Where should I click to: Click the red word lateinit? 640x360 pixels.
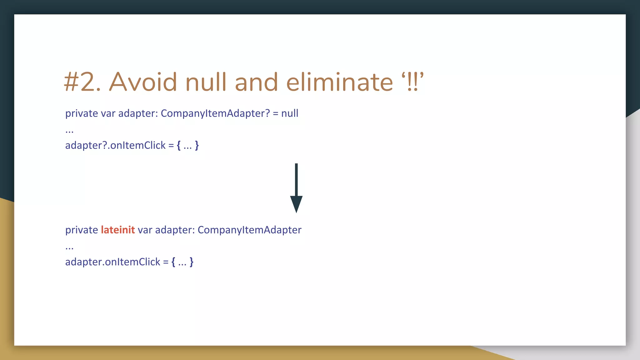click(118, 230)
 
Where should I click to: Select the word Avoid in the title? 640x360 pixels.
click(143, 82)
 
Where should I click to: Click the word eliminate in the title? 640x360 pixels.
click(340, 82)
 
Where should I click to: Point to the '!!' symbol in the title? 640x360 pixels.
click(412, 82)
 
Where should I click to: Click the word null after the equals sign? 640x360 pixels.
click(290, 113)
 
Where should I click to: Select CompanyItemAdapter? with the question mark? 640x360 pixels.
click(215, 113)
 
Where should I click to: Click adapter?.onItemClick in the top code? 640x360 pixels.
click(115, 145)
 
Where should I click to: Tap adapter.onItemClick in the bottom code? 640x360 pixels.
click(112, 262)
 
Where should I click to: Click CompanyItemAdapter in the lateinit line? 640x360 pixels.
click(249, 230)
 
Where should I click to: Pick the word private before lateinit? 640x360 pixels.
click(82, 230)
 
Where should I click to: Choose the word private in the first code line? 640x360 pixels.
click(82, 113)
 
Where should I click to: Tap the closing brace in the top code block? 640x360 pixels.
click(197, 145)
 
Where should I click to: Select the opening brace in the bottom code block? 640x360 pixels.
click(173, 262)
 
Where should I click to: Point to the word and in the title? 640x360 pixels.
click(256, 82)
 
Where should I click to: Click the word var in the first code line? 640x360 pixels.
click(108, 113)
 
